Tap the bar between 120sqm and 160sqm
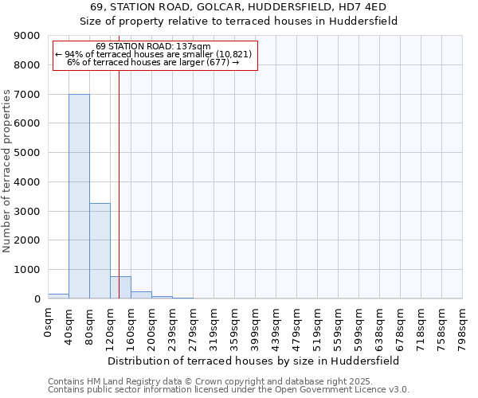click(120, 287)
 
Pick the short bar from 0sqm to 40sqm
click(58, 296)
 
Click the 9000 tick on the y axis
click(28, 36)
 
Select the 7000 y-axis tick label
click(28, 94)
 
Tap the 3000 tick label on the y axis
click(28, 211)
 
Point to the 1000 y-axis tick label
click(28, 270)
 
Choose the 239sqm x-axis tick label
click(172, 326)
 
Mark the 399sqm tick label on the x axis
click(255, 326)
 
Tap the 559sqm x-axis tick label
click(338, 326)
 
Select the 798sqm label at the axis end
click(462, 326)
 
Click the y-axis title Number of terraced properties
click(7, 170)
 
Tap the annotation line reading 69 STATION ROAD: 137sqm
click(152, 46)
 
